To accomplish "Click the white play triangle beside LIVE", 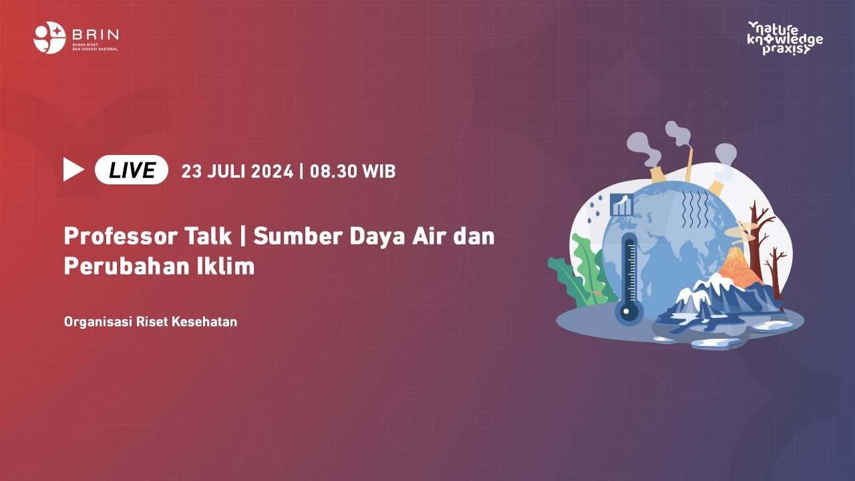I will pyautogui.click(x=73, y=170).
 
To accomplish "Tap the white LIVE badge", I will pyautogui.click(x=132, y=170).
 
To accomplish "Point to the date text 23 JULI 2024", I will pyautogui.click(x=237, y=172).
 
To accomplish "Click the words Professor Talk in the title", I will pyautogui.click(x=120, y=236).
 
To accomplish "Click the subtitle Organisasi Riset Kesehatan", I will pyautogui.click(x=150, y=322).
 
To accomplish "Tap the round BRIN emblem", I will pyautogui.click(x=49, y=37).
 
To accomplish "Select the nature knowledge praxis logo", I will pyautogui.click(x=785, y=37).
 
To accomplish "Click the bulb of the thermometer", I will pyautogui.click(x=629, y=311).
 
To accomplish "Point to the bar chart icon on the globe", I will pyautogui.click(x=622, y=204).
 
